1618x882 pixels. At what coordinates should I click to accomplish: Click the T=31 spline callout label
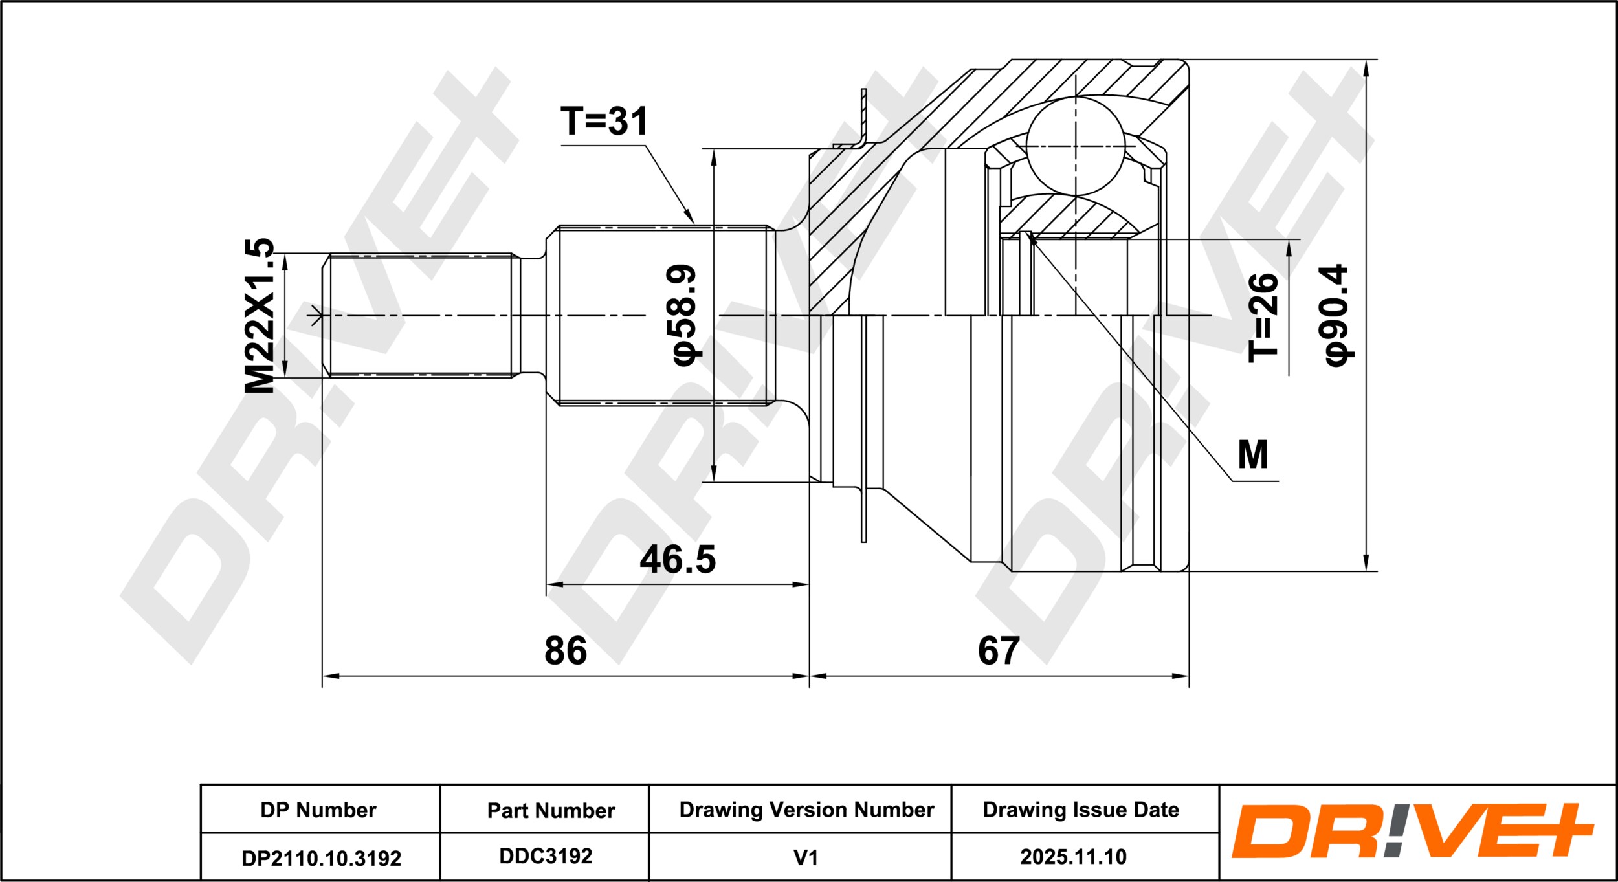click(x=604, y=121)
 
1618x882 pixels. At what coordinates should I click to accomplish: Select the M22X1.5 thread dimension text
click(x=260, y=316)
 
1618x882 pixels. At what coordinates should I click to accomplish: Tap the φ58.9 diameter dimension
click(x=683, y=314)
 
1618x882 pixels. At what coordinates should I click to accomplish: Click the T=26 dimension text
click(x=1263, y=318)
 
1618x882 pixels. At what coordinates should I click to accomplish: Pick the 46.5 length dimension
click(x=678, y=559)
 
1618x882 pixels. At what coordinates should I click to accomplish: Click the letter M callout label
click(x=1252, y=455)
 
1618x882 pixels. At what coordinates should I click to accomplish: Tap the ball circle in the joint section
click(x=1076, y=146)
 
